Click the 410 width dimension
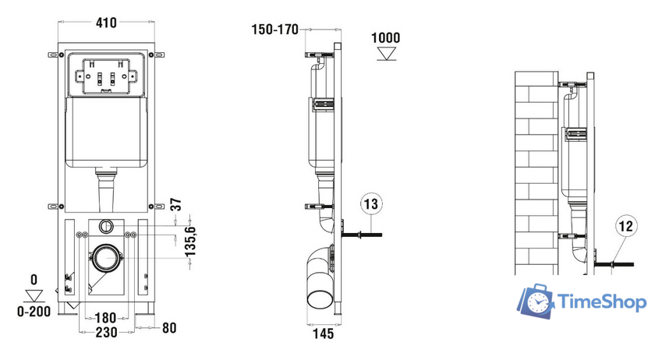click(x=106, y=23)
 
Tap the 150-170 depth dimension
click(x=274, y=30)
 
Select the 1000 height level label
click(x=385, y=37)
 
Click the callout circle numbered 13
click(x=371, y=204)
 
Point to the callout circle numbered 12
click(x=625, y=226)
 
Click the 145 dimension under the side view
click(x=324, y=334)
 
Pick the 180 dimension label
click(x=105, y=318)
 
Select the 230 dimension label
click(x=106, y=333)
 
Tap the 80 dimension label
click(x=169, y=328)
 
